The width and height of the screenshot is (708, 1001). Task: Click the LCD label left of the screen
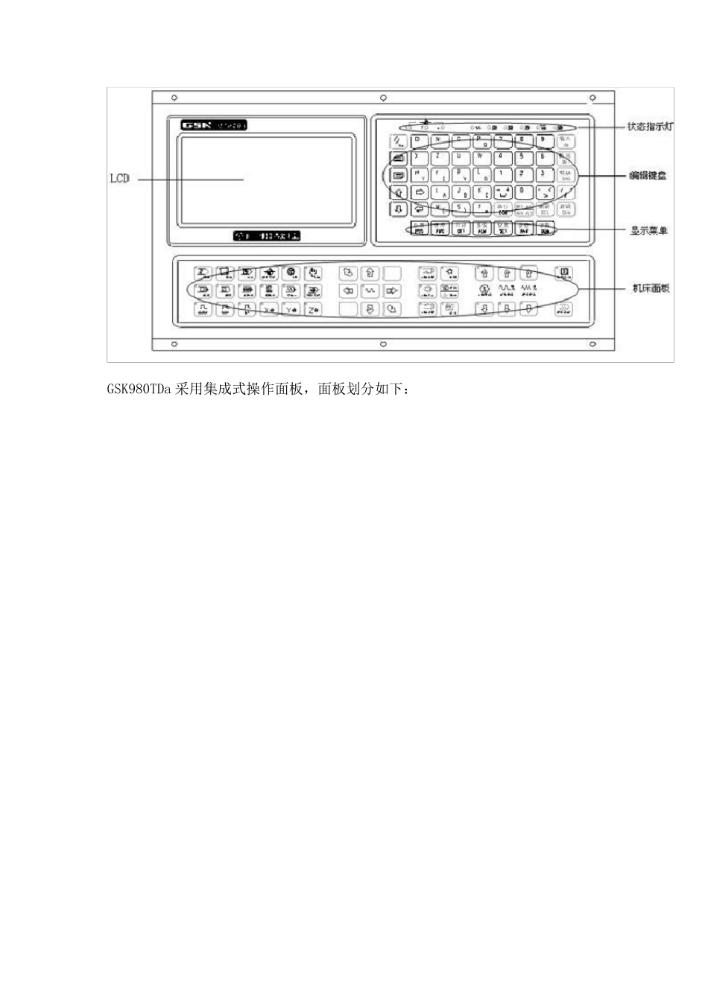click(x=119, y=179)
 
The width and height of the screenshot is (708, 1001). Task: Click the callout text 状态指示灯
click(x=650, y=127)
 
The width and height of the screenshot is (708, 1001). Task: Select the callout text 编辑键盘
click(x=648, y=176)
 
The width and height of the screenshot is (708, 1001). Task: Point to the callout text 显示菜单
click(x=648, y=231)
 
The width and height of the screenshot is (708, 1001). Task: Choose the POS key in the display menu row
click(x=419, y=228)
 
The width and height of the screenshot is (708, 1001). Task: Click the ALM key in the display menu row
click(x=481, y=228)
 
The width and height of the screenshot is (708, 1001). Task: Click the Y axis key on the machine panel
click(x=291, y=309)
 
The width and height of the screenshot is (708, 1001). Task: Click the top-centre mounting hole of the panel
click(x=383, y=98)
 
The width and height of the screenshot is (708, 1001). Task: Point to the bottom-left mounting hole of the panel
click(x=174, y=344)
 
